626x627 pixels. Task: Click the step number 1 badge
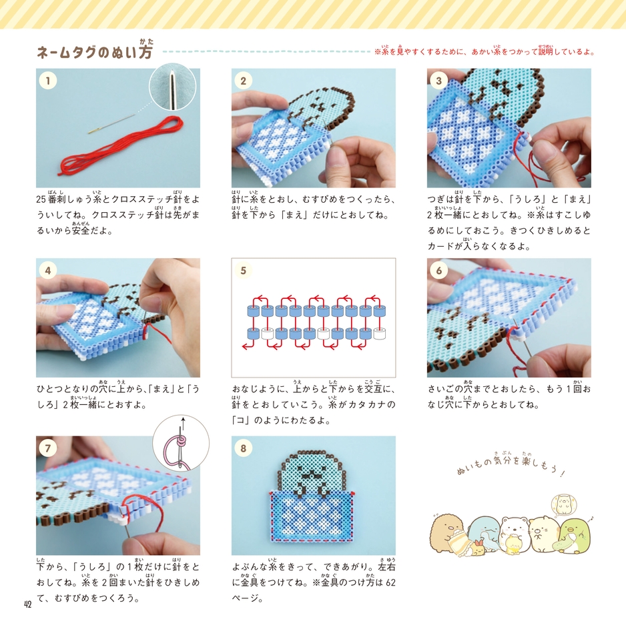[47, 81]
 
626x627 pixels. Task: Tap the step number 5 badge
[244, 271]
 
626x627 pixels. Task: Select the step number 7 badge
[47, 448]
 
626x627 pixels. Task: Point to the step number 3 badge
[438, 81]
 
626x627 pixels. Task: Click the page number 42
[27, 604]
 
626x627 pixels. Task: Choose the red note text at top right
[485, 51]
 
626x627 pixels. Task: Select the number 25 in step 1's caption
[41, 199]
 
